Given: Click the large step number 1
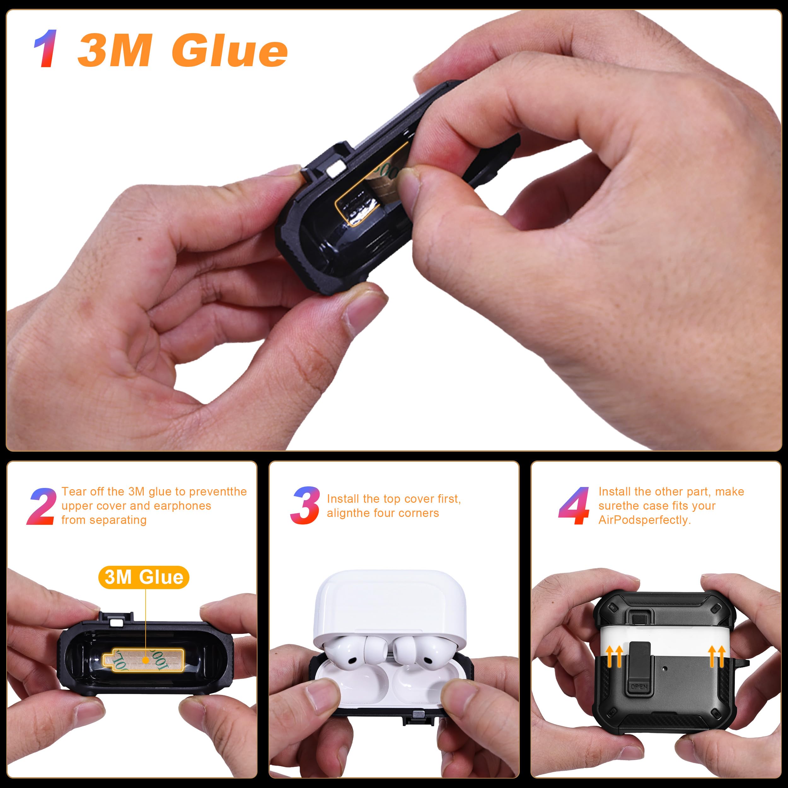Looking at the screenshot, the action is click(x=46, y=49).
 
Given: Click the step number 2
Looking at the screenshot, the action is click(x=42, y=506).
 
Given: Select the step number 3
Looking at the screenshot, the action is click(x=305, y=505).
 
